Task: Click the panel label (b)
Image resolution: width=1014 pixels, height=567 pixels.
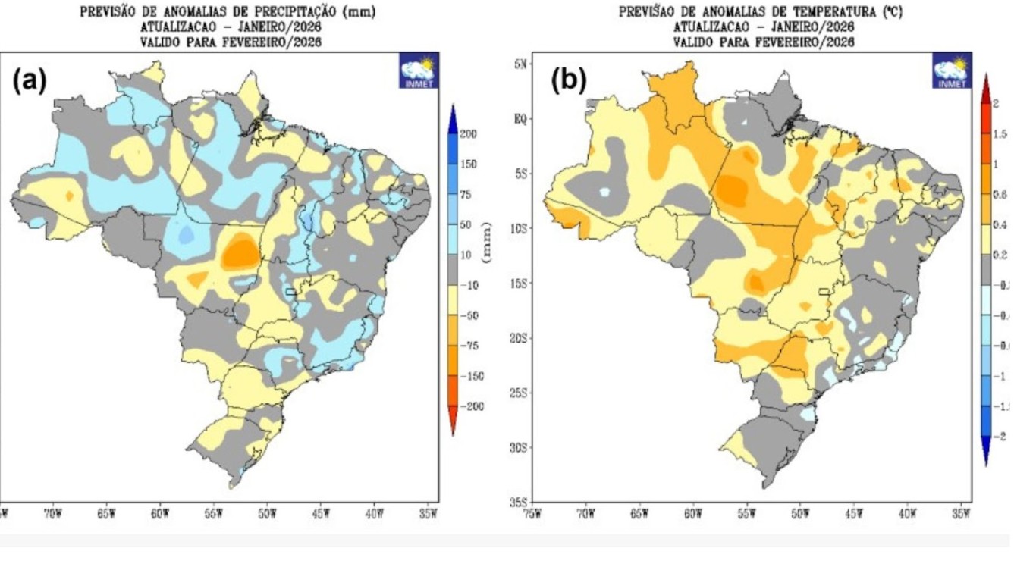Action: click(569, 80)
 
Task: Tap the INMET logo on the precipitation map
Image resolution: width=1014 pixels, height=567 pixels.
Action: click(419, 70)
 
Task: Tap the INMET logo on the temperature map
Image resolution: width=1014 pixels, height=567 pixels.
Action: click(951, 71)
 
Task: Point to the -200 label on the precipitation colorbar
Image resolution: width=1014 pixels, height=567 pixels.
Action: click(471, 407)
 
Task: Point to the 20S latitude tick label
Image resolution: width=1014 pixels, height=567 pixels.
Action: click(521, 338)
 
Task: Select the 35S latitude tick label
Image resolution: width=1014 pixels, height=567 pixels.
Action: click(521, 502)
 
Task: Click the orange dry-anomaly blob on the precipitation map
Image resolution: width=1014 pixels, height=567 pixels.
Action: click(240, 252)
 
